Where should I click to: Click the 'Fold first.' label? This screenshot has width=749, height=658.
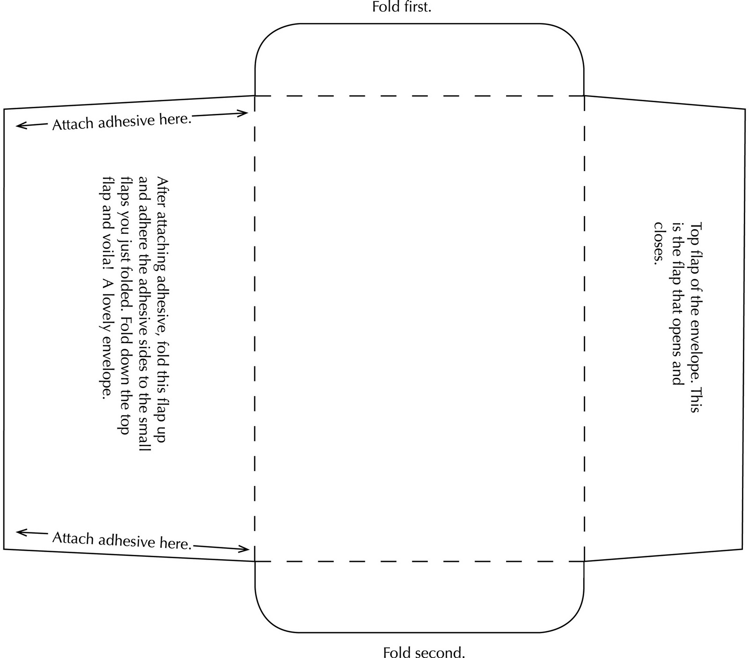(x=401, y=7)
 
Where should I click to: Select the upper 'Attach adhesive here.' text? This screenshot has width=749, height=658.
(x=122, y=122)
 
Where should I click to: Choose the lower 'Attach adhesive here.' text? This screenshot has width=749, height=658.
(x=122, y=540)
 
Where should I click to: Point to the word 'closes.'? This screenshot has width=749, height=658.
(x=659, y=243)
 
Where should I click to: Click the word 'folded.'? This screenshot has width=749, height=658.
(x=125, y=291)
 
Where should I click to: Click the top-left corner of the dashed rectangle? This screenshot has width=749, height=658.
(x=255, y=96)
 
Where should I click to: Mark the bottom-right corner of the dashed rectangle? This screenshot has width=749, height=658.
(x=584, y=561)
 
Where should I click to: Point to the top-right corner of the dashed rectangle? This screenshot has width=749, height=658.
(x=584, y=96)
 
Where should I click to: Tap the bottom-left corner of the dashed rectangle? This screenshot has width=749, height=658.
(x=255, y=561)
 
